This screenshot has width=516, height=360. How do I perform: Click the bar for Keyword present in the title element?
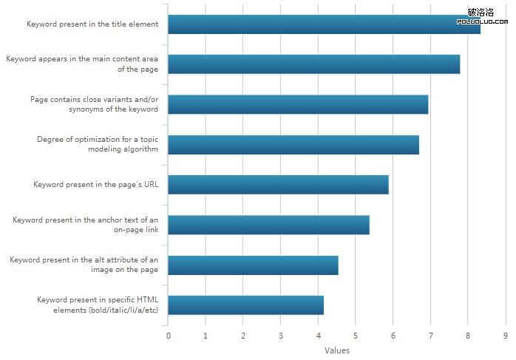pos(324,24)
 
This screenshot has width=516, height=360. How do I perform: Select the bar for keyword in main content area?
pos(314,64)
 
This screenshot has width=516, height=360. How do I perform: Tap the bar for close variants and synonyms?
pos(298,104)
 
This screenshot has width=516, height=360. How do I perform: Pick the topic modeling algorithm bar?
pos(293,145)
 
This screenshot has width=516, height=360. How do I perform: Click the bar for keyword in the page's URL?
pos(278,185)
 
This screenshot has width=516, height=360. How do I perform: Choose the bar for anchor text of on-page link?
pos(268,225)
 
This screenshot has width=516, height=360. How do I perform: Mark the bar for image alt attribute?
pos(253,265)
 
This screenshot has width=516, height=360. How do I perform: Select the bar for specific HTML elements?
pos(245,305)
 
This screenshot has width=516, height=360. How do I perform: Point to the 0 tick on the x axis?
pos(169,336)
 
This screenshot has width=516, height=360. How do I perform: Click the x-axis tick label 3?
pos(281,336)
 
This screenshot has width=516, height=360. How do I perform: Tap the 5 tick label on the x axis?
pos(356,336)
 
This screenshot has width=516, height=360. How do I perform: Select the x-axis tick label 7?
pos(430,336)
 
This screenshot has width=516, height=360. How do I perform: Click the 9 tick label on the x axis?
pos(506,336)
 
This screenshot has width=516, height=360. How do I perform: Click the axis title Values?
pos(337,350)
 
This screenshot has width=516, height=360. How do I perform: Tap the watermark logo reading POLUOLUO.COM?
pos(481,17)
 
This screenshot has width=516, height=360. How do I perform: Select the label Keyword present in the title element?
pos(92,24)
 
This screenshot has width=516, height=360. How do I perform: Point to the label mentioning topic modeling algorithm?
pos(98,144)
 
